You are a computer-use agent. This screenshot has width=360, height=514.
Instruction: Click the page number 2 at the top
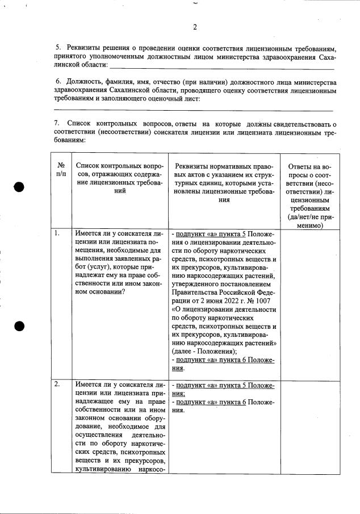coord(195,27)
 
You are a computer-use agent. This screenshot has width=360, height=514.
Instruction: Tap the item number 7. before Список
coord(57,123)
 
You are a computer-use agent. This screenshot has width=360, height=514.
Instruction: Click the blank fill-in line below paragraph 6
coord(193,110)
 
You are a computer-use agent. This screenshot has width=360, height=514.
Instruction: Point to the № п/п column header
coord(61,169)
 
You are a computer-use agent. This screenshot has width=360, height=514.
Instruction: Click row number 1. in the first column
coord(57,233)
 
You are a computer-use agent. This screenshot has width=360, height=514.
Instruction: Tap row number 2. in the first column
coord(57,385)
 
